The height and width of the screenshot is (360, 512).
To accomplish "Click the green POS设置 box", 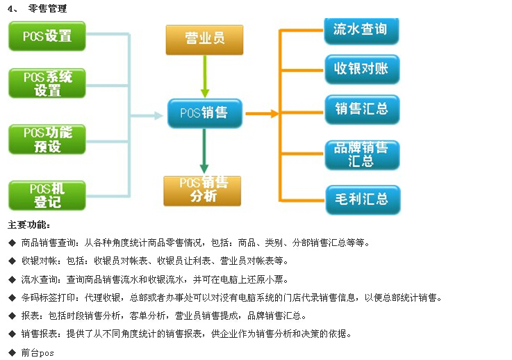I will (x=47, y=35).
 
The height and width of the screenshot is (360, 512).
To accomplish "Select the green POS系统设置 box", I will (x=47, y=83).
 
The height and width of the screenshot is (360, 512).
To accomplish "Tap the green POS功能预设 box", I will (x=47, y=138).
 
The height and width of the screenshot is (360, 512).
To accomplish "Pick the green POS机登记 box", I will (x=47, y=195).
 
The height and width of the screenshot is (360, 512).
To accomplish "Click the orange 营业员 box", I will (x=204, y=40).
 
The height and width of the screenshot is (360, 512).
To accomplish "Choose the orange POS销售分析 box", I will (x=202, y=190).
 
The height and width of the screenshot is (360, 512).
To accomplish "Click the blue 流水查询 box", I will (x=361, y=30).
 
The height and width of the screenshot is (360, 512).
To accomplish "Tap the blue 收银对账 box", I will (x=361, y=69).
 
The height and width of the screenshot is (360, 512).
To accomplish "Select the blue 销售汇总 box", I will (x=361, y=109).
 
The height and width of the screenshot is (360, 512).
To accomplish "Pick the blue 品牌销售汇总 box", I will (x=361, y=154).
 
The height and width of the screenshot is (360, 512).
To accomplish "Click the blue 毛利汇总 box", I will (x=361, y=199).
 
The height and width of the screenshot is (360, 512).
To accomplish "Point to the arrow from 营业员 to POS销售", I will (x=204, y=76).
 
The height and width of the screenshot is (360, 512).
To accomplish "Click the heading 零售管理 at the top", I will (x=48, y=8).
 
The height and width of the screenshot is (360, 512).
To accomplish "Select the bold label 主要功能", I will (x=28, y=225).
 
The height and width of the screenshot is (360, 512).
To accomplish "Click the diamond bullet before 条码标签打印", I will (x=12, y=297).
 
